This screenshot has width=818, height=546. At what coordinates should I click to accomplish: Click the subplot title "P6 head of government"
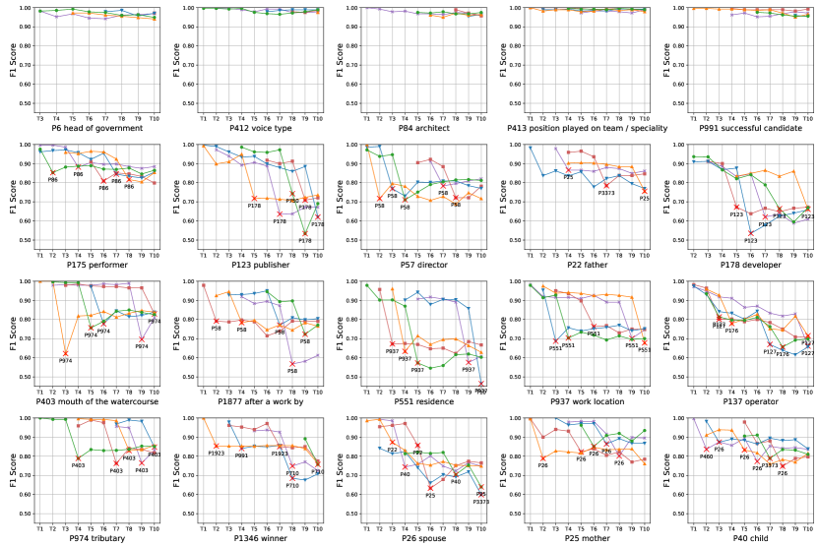tap(96, 128)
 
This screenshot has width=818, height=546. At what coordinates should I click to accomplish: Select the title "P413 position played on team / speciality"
tap(589, 128)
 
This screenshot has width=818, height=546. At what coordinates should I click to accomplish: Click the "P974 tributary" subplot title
tap(96, 539)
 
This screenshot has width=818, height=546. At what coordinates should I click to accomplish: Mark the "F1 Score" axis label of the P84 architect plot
tap(340, 59)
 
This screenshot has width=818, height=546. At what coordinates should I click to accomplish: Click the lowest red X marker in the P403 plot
tap(66, 353)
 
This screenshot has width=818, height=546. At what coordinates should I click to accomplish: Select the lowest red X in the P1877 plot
tap(292, 364)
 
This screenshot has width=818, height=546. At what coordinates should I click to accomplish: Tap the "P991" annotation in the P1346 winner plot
tap(241, 455)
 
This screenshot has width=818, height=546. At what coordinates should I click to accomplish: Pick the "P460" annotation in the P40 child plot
tap(706, 456)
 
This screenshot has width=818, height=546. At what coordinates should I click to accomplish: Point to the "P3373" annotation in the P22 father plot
tap(608, 193)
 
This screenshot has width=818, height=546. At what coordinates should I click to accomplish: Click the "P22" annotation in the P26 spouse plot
tap(392, 450)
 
